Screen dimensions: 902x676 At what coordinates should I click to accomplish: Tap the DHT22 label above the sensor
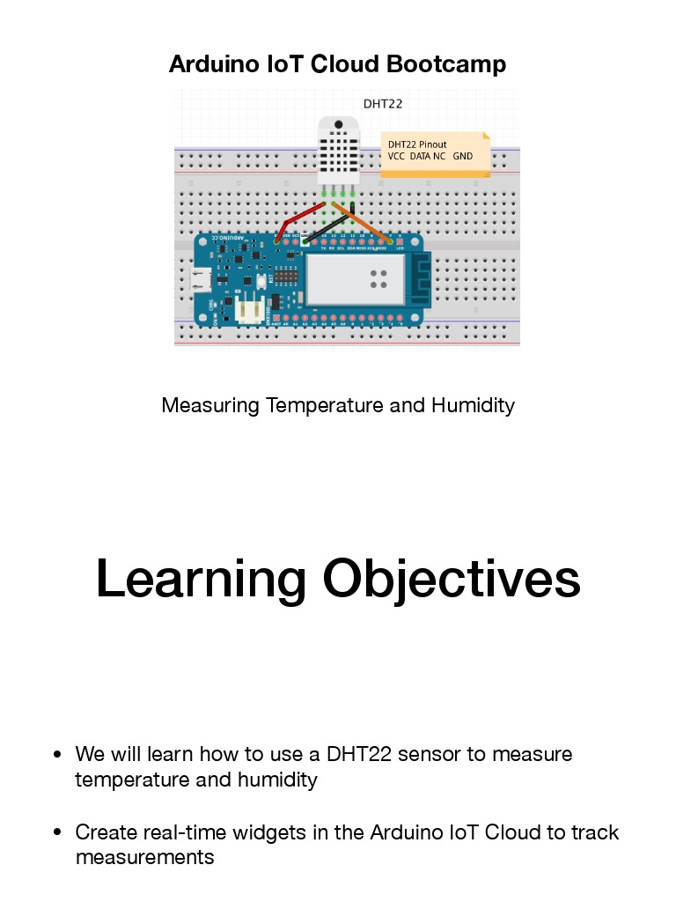(x=383, y=103)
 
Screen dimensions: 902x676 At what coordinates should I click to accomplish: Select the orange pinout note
(x=435, y=153)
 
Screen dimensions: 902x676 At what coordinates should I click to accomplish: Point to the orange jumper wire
(x=361, y=223)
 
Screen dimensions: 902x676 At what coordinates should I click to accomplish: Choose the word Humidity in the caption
(x=473, y=405)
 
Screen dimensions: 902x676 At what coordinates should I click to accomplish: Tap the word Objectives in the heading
(x=452, y=579)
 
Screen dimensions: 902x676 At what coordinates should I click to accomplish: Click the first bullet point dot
(x=57, y=755)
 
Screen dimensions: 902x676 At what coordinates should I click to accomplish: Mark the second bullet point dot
(x=57, y=833)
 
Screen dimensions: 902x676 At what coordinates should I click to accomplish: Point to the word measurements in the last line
(x=144, y=857)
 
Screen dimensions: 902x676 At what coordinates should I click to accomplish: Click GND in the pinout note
(x=463, y=156)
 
